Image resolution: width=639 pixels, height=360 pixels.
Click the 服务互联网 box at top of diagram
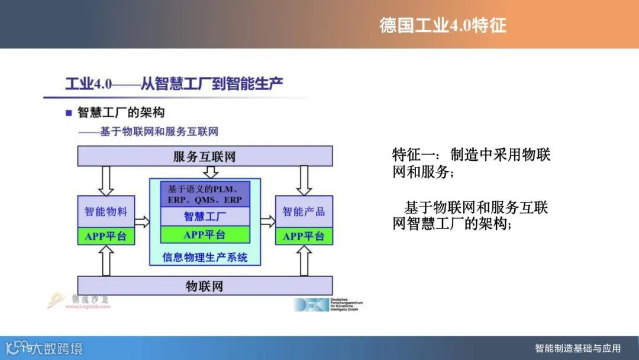(204, 156)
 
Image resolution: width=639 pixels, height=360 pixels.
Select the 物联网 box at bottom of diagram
(204, 287)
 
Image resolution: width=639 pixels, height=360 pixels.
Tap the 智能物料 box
(106, 211)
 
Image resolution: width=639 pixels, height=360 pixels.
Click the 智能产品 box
(304, 211)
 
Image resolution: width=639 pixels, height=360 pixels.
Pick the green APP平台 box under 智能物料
(106, 236)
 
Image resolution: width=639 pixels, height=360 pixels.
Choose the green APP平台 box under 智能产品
(304, 236)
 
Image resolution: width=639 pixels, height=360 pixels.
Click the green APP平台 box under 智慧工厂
(205, 234)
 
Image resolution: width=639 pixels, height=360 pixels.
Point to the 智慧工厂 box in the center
(205, 216)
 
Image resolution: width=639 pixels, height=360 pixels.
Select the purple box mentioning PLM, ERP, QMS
(205, 194)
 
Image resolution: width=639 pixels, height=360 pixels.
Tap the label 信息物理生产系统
(205, 257)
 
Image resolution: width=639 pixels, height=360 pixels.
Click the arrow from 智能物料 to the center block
(142, 222)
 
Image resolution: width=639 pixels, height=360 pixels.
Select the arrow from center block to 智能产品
(268, 222)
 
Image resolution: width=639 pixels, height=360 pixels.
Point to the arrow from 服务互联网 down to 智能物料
(106, 180)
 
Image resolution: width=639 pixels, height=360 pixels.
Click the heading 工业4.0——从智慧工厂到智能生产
(174, 83)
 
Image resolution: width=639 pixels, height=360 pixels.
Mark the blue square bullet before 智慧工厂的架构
(69, 112)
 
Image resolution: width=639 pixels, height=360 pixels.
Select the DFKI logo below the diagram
(328, 304)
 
